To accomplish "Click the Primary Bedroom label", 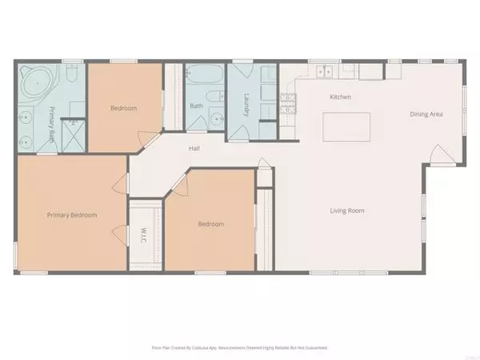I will click(72, 214).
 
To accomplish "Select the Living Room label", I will click(348, 210).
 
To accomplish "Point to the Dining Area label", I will click(426, 114).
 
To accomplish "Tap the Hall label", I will click(194, 148).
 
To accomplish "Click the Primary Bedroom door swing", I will click(120, 237).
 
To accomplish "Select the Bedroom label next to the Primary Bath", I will click(123, 108).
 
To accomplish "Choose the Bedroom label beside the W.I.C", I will click(211, 224).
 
